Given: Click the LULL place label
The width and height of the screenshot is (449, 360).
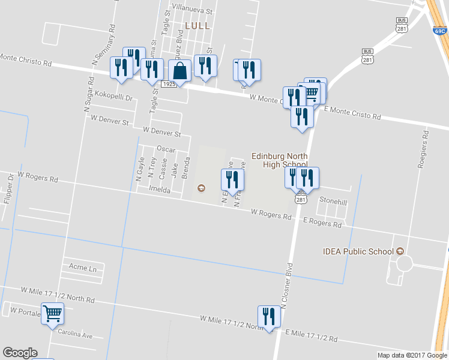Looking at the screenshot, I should (197, 26).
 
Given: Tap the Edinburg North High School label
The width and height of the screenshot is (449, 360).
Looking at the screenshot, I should (279, 160).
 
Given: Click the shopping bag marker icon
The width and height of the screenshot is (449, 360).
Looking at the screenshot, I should (179, 71).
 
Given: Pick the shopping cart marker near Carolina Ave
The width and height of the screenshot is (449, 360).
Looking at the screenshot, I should (52, 313).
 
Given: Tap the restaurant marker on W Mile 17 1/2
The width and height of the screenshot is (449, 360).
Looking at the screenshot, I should (269, 316).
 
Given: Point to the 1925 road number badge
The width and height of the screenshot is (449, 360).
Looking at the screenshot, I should (169, 85).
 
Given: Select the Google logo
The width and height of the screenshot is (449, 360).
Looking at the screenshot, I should (20, 353).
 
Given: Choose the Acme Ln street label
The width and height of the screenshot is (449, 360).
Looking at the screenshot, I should (83, 268).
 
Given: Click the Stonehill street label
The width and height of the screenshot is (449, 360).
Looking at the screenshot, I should (333, 202).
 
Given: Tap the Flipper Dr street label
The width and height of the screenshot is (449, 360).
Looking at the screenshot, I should (8, 187).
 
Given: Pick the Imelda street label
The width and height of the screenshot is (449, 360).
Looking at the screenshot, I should (160, 190).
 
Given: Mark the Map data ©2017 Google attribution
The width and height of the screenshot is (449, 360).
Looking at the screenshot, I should (412, 355).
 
